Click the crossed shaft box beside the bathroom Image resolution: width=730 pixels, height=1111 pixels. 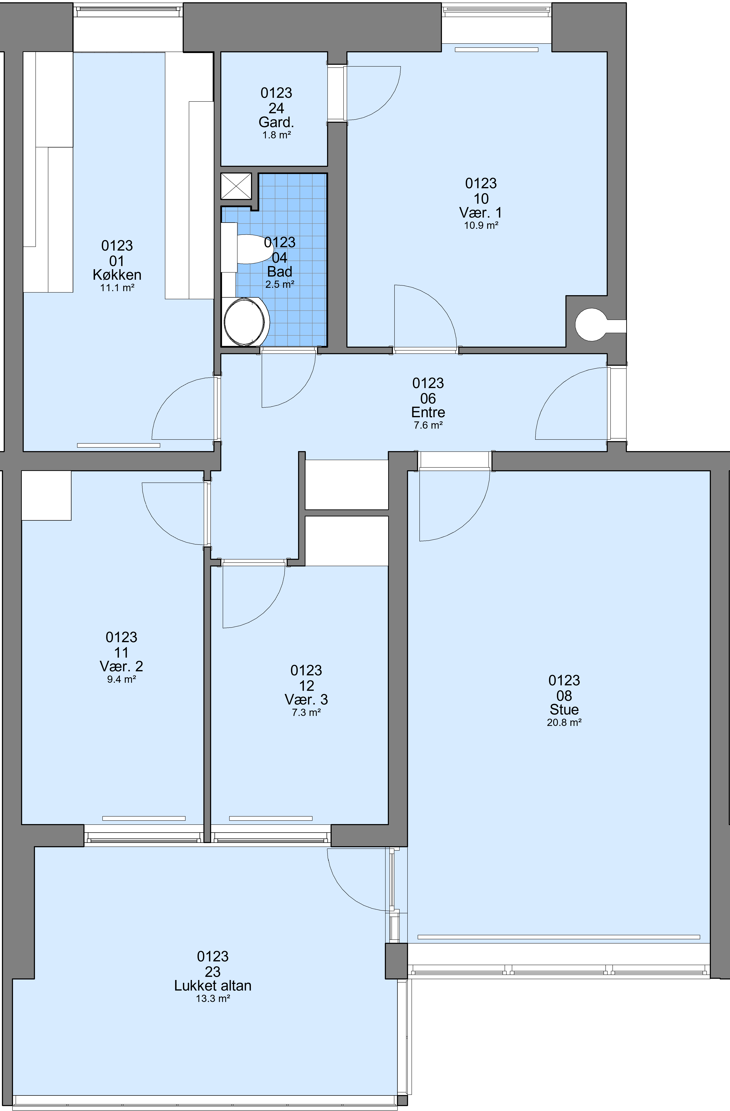tap(236, 186)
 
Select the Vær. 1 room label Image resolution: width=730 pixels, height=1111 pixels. tap(481, 213)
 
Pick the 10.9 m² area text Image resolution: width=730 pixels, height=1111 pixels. tap(481, 225)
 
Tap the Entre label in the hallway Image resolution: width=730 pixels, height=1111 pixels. tap(428, 412)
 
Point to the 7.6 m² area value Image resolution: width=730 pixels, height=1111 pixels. tap(428, 425)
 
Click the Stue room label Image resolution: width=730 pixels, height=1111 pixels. tap(564, 710)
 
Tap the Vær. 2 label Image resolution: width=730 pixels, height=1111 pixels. tap(121, 666)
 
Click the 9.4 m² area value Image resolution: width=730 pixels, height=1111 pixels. tap(121, 679)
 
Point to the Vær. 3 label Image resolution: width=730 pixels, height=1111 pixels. tap(306, 699)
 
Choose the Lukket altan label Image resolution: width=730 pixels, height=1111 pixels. tap(213, 985)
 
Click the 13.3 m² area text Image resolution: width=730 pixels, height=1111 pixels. tap(213, 998)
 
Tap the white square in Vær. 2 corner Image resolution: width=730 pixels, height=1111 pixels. tap(46, 495)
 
